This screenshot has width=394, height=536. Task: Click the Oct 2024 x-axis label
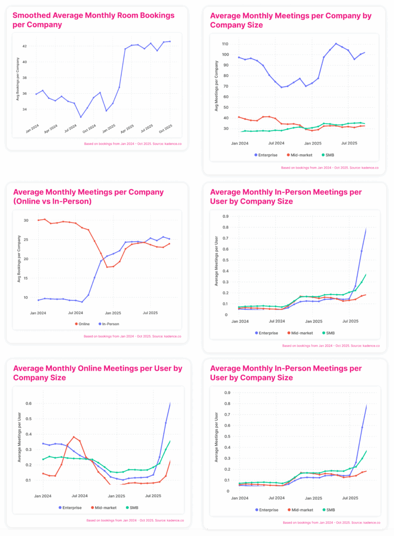(89, 129)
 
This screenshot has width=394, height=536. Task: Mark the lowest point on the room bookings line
(81, 117)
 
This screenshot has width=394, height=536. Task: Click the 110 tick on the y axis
(226, 44)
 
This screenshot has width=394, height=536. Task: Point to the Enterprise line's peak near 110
(336, 44)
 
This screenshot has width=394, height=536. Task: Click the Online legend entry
(84, 324)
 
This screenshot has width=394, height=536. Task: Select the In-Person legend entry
(110, 324)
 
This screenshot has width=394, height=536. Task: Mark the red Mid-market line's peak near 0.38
(74, 437)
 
